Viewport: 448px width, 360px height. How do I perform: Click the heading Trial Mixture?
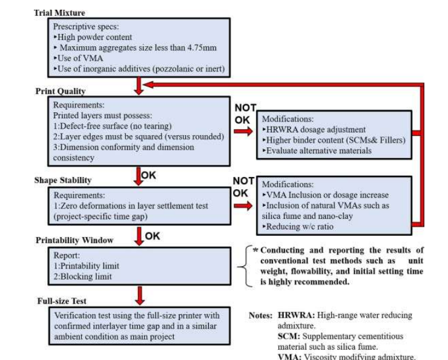point(59,13)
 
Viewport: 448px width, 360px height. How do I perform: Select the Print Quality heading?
point(60,92)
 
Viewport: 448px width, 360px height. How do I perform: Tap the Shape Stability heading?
point(62,179)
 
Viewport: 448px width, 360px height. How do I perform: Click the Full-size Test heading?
point(61,300)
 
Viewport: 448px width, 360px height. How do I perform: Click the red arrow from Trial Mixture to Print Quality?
point(139,85)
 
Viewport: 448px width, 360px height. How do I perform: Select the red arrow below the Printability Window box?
point(139,295)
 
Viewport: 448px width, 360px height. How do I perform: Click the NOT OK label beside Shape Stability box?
point(244,187)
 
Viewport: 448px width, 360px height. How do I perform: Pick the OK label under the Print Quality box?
point(149,175)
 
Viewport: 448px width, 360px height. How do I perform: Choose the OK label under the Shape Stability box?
point(153,236)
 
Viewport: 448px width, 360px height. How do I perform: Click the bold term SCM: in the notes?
point(289,336)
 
